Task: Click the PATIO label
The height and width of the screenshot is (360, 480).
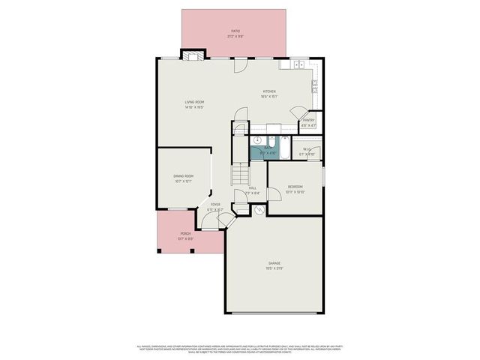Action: click(x=235, y=31)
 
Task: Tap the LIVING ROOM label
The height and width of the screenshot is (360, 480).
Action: click(x=195, y=102)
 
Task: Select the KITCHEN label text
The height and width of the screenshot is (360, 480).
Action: click(x=269, y=91)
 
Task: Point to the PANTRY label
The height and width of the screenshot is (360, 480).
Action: click(x=308, y=121)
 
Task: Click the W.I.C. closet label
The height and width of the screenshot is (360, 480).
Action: click(x=307, y=148)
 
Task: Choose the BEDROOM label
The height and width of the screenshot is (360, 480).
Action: click(x=295, y=187)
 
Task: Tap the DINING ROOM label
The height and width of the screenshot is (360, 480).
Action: click(x=184, y=176)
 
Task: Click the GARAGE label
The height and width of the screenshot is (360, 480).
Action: click(x=275, y=263)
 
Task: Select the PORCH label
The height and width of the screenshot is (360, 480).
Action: click(x=185, y=233)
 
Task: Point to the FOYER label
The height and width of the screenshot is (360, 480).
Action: click(x=215, y=204)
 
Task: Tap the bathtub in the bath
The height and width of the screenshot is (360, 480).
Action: click(x=284, y=145)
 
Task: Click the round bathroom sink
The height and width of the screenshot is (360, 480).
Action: click(x=256, y=140)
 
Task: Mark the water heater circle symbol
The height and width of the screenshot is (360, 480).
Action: click(x=259, y=211)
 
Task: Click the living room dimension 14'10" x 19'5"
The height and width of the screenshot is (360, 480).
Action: click(x=195, y=108)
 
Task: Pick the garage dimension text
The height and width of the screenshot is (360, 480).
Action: click(x=275, y=268)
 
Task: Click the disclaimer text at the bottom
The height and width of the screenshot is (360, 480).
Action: click(x=239, y=348)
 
